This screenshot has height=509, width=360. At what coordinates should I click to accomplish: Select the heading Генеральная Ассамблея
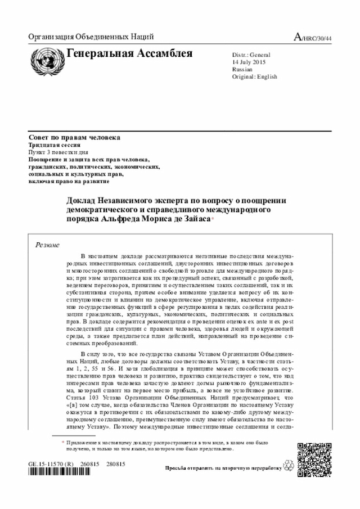(129, 54)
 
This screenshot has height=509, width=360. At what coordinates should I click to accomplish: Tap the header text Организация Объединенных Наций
(91, 38)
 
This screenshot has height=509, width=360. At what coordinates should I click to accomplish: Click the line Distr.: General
(251, 55)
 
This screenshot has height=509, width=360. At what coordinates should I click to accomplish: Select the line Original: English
(254, 77)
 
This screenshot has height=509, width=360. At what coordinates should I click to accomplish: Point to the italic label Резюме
(48, 245)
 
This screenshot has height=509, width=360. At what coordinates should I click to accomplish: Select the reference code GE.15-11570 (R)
(51, 464)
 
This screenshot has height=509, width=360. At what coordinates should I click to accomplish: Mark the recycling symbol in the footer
(290, 467)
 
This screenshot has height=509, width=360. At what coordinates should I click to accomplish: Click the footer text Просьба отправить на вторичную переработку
(223, 468)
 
